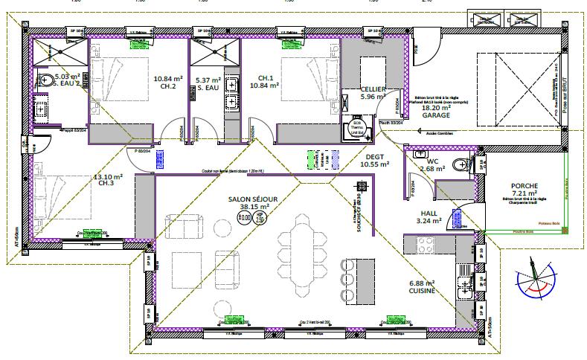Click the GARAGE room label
pyautogui.click(x=435, y=117)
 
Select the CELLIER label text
pyautogui.click(x=373, y=89)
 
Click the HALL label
pyautogui.click(x=430, y=212)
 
